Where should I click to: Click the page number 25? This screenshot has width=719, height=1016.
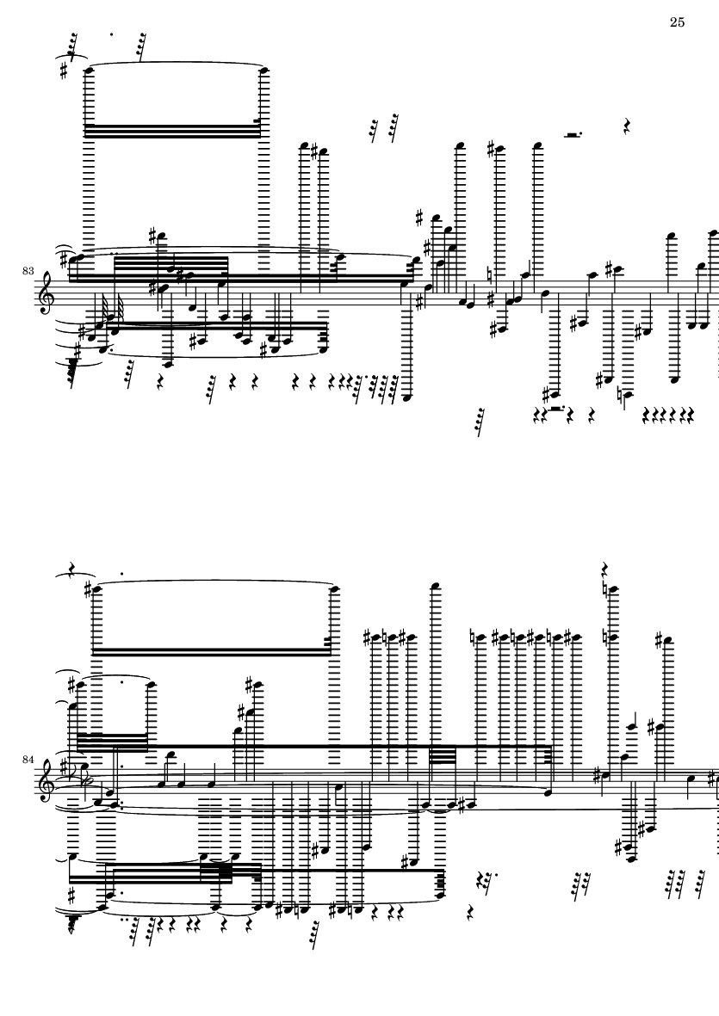pos(677,22)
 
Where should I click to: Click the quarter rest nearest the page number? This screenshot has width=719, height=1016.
pos(628,127)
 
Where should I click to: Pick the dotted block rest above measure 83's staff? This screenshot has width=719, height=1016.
pos(572,135)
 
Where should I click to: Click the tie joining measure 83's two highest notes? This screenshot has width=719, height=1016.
pos(175,64)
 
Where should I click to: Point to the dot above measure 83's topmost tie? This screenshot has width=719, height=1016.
pos(112,36)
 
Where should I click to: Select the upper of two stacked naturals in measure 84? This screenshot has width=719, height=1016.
pos(608,588)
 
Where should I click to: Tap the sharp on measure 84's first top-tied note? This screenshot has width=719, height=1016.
pos(89,588)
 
